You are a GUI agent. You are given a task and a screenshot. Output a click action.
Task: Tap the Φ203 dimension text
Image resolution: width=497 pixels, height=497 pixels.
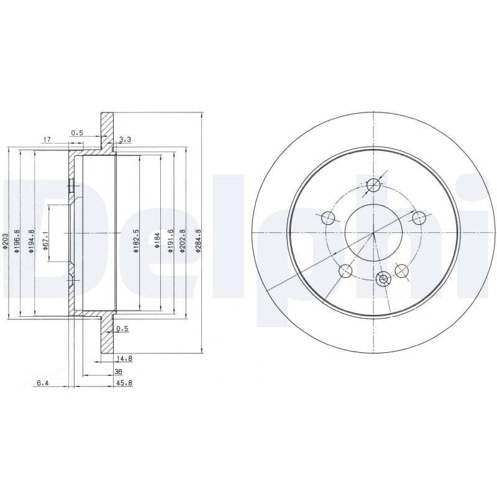pos(5,241)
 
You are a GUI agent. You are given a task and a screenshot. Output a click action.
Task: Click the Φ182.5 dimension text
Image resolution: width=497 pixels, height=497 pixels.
pos(136,242)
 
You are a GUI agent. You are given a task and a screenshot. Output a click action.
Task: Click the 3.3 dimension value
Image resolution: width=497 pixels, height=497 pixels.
pos(124,140)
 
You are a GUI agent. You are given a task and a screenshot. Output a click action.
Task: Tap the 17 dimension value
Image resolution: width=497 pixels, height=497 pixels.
pos(46,140)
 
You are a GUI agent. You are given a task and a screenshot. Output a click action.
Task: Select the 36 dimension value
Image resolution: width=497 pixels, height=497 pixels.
pos(118,371)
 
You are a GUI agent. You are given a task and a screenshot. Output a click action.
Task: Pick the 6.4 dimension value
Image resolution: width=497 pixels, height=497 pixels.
pos(42,383)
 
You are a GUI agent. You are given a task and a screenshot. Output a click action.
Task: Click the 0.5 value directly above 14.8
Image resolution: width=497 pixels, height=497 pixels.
pos(122,329)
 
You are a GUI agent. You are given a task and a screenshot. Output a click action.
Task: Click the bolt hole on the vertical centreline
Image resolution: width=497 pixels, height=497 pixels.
pos(373,185)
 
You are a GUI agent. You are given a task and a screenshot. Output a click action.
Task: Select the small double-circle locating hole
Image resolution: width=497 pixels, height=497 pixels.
pos(383,280)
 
